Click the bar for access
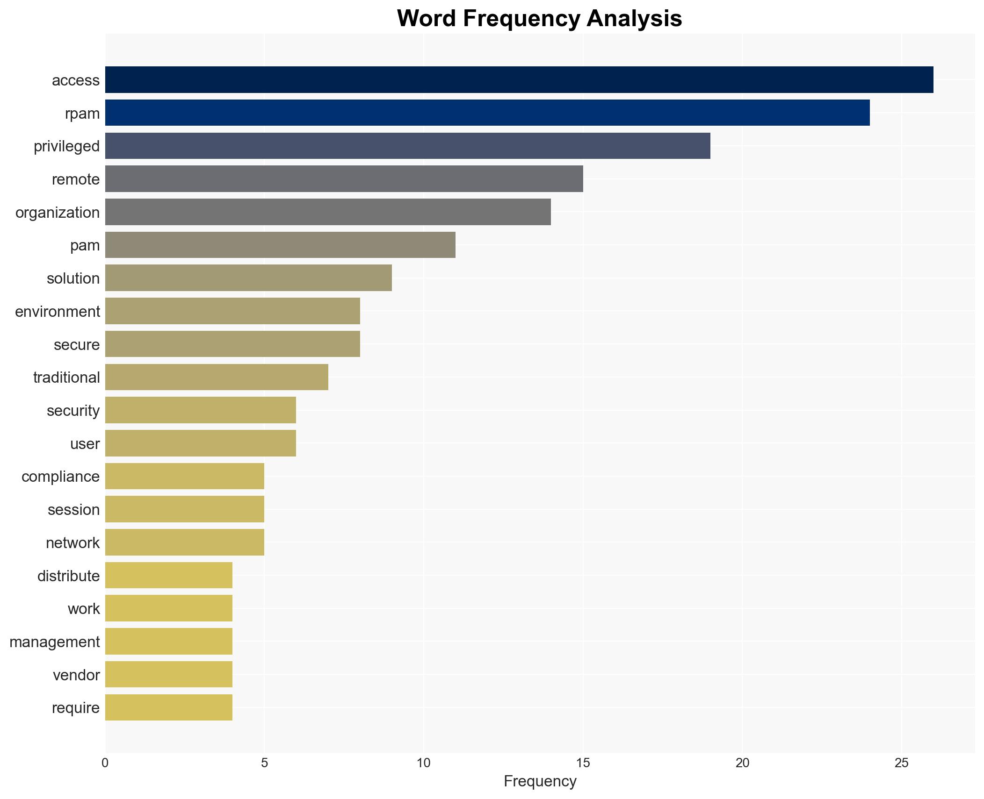pyautogui.click(x=519, y=80)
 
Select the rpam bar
pyautogui.click(x=487, y=113)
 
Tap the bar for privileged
pyautogui.click(x=407, y=146)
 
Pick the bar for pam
pyautogui.click(x=280, y=245)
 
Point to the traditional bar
pyautogui.click(x=217, y=377)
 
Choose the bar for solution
pyautogui.click(x=248, y=278)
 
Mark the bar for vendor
pyautogui.click(x=168, y=674)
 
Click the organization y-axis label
pyautogui.click(x=58, y=213)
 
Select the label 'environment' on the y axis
pyautogui.click(x=58, y=312)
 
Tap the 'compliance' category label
pyautogui.click(x=61, y=477)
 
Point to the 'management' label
pyautogui.click(x=55, y=642)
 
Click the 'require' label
pyautogui.click(x=76, y=708)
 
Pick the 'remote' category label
pyautogui.click(x=76, y=179)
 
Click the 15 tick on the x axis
pyautogui.click(x=583, y=763)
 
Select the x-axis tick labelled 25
pyautogui.click(x=901, y=763)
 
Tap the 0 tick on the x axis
pyautogui.click(x=105, y=763)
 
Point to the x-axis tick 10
pyautogui.click(x=423, y=763)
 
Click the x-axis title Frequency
pyautogui.click(x=540, y=781)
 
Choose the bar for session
pyautogui.click(x=185, y=509)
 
